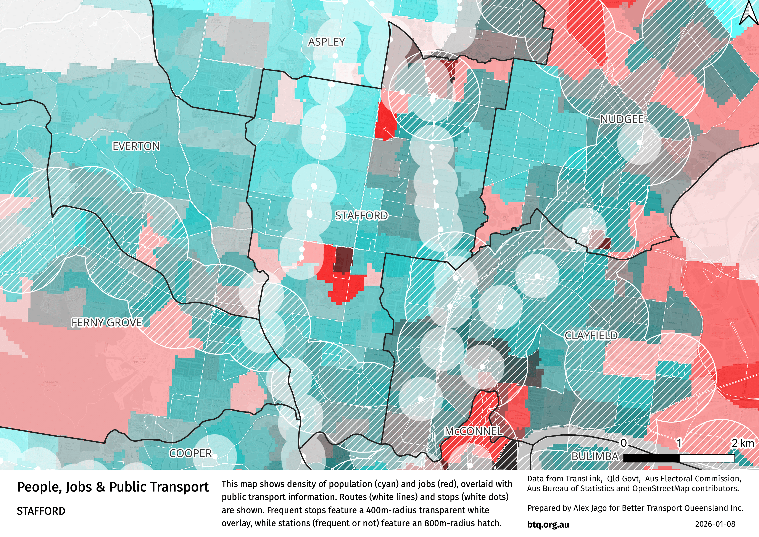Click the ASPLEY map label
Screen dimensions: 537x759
pos(326,42)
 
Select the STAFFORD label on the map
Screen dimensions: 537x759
pos(361,216)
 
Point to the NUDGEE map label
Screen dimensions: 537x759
pos(622,119)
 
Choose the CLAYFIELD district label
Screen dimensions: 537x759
pos(591,336)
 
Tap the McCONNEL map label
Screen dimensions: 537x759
pos(473,431)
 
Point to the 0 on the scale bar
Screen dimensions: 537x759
pos(624,443)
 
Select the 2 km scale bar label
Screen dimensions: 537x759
pos(743,443)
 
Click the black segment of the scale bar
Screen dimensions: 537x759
pos(651,458)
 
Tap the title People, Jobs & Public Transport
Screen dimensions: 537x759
pos(113,487)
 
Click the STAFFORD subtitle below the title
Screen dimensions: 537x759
pos(41,511)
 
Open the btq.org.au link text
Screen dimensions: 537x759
pos(548,524)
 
